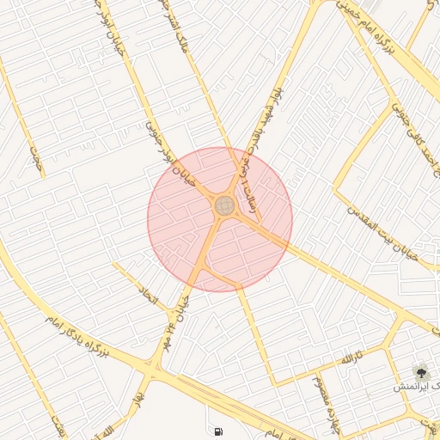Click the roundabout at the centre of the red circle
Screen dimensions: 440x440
[x=225, y=205]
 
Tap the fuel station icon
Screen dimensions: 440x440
[x=217, y=431]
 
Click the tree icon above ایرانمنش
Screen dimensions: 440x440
[x=421, y=372]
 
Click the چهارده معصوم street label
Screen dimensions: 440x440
[x=326, y=391]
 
